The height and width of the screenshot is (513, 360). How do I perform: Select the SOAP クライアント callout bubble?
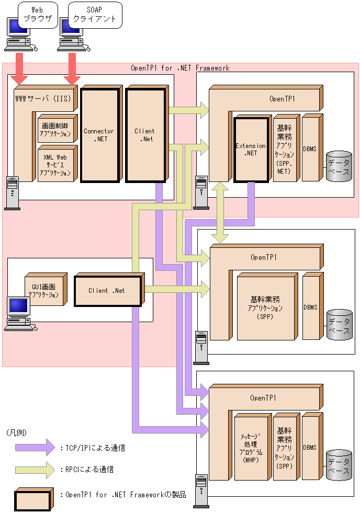pos(95,14)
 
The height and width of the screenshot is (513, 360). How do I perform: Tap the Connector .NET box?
pos(98,135)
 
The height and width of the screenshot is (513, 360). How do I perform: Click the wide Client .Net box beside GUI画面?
pos(106,291)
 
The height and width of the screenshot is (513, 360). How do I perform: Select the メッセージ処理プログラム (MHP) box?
pos(251,448)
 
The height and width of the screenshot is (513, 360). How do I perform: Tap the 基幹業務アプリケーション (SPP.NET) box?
pos(285,149)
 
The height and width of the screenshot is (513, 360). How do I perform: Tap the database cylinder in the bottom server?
pos(338,465)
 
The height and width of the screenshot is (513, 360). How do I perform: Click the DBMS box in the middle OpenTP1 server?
pos(310,307)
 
